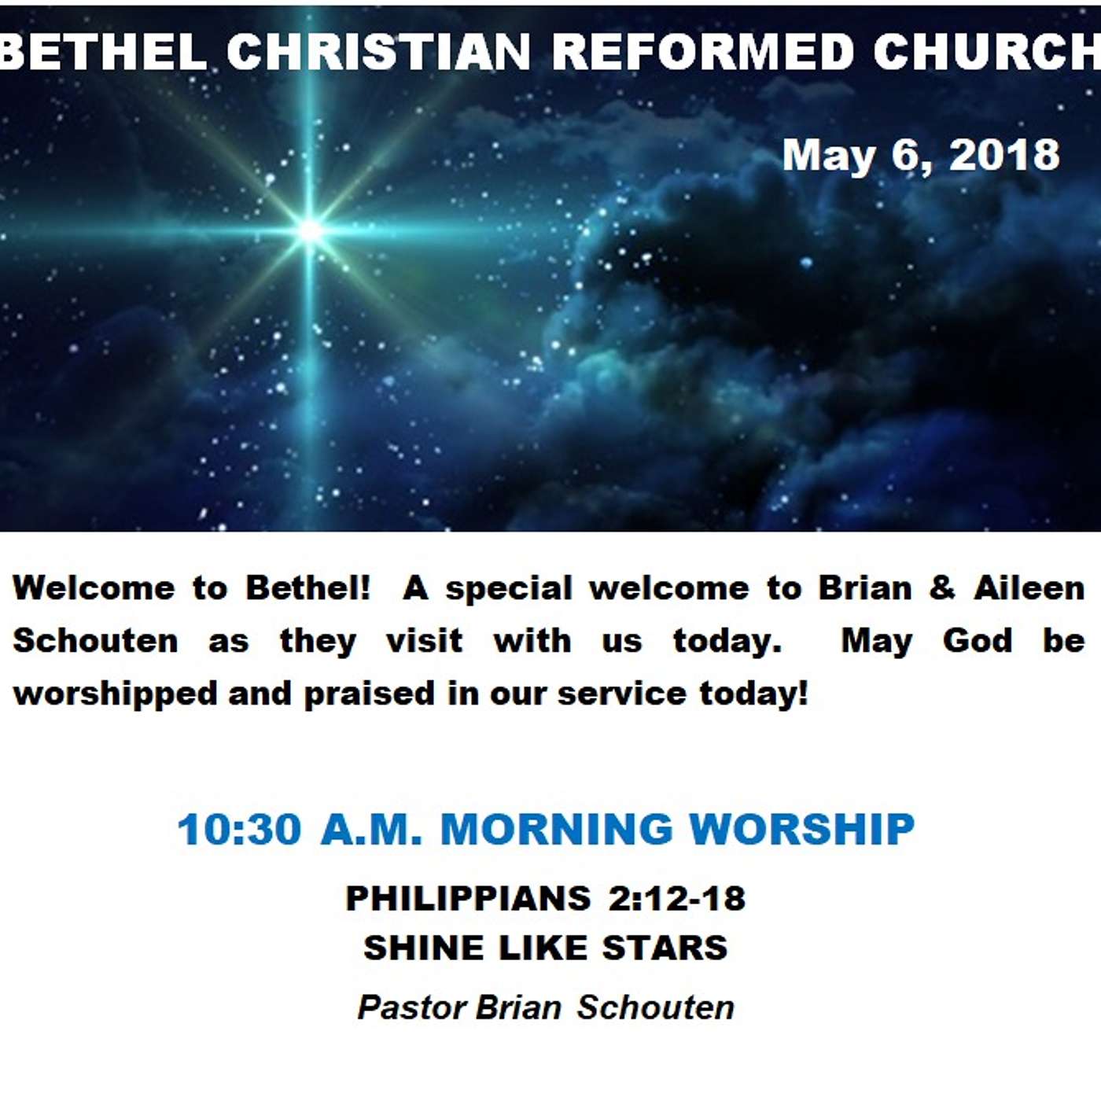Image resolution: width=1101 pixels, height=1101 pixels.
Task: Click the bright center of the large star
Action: (310, 231)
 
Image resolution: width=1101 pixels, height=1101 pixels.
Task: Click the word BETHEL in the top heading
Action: (103, 52)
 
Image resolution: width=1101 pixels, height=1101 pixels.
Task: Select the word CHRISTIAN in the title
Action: (379, 52)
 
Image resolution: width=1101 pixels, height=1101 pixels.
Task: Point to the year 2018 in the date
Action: (1003, 155)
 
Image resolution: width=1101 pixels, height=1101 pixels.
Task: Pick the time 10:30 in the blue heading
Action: (239, 829)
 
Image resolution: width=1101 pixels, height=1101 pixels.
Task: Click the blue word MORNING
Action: (557, 829)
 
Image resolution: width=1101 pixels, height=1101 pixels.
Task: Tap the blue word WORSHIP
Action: (801, 829)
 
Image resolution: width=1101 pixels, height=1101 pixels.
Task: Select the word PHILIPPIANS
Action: (468, 898)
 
